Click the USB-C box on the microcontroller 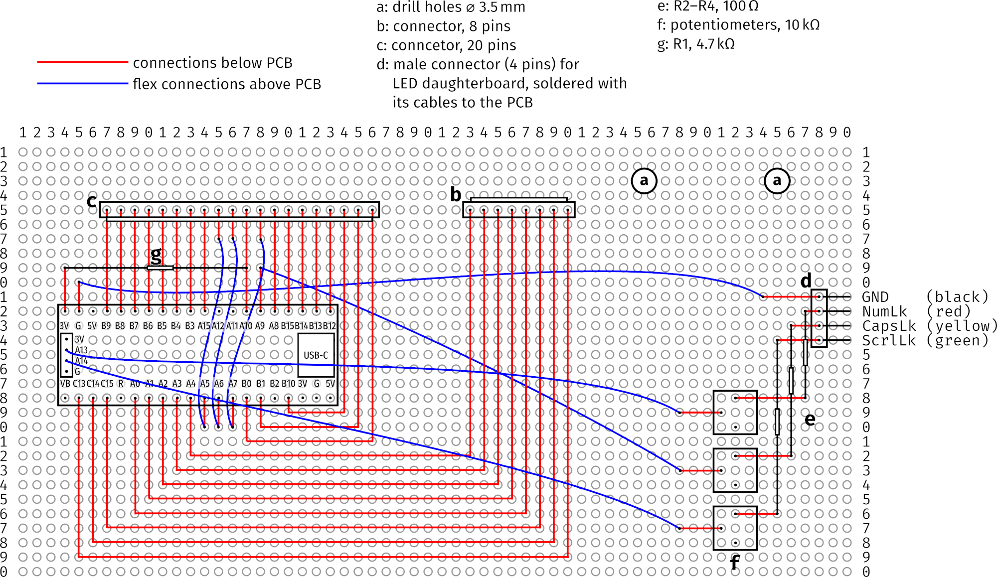316,355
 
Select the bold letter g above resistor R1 156,256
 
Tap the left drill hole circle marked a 644,181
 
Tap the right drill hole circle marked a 777,181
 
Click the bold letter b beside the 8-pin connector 456,195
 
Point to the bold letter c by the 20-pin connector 92,200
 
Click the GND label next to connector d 875,297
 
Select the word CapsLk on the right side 889,326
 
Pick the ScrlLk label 889,341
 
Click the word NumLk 885,312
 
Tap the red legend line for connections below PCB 83,62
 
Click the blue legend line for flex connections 83,84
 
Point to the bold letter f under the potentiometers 734,563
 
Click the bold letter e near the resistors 810,420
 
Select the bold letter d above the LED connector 806,281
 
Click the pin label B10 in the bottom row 288,384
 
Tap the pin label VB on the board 65,384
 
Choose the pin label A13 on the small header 81,350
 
